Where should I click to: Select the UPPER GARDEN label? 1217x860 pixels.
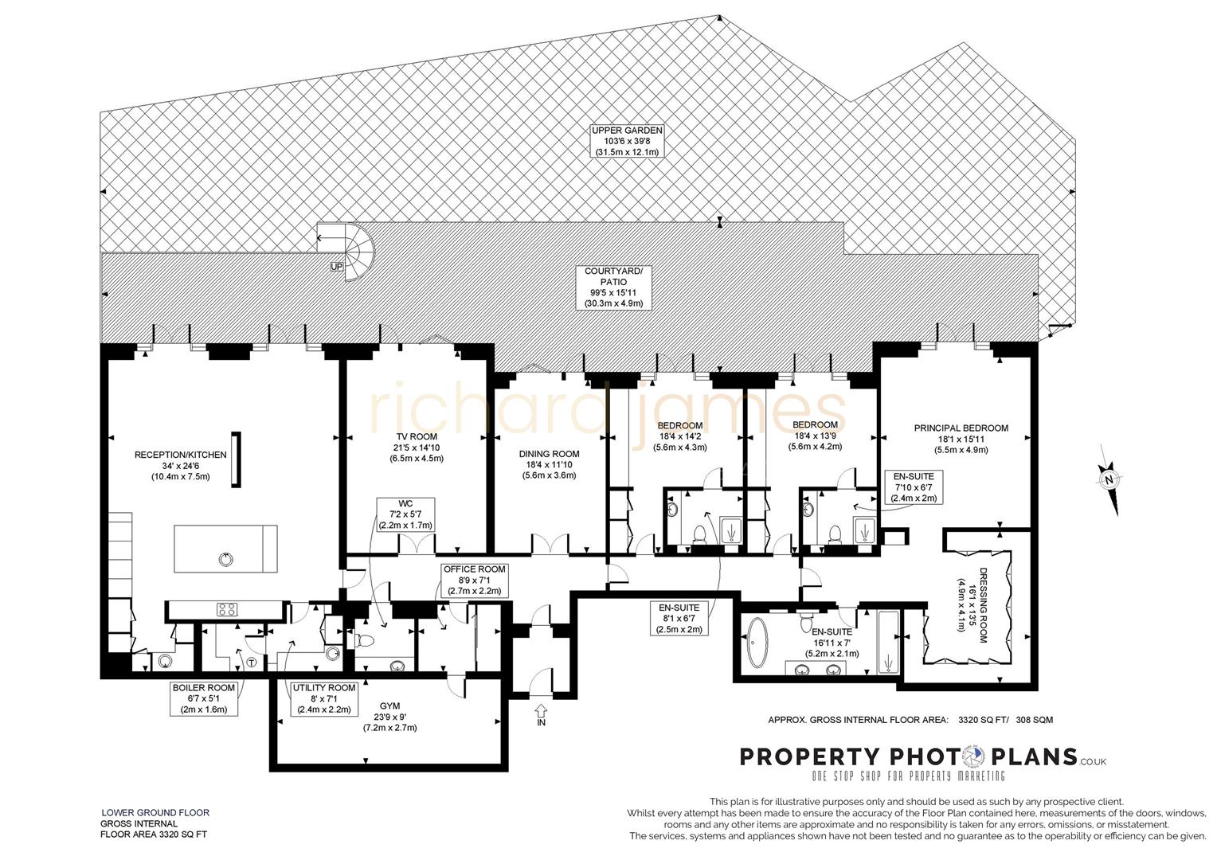click(x=626, y=141)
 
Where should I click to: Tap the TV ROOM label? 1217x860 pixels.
click(x=417, y=448)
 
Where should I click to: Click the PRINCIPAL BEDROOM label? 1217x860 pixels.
click(x=961, y=439)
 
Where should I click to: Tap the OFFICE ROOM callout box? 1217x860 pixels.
click(x=474, y=580)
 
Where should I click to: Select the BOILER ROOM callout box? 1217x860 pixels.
click(x=204, y=698)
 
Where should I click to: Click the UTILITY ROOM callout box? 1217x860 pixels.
click(x=323, y=698)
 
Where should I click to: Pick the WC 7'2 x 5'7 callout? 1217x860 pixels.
click(x=405, y=514)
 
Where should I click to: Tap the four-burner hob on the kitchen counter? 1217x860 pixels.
click(x=227, y=610)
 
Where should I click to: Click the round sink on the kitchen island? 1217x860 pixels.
click(x=226, y=559)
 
